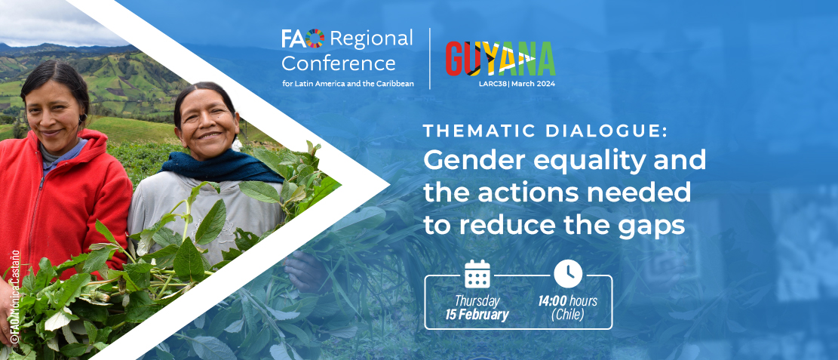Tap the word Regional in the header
click(371, 39)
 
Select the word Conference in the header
click(339, 63)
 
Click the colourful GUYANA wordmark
click(500, 58)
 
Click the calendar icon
click(477, 273)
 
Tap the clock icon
click(567, 273)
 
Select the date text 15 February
click(477, 315)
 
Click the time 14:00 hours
click(567, 301)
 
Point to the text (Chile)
click(567, 315)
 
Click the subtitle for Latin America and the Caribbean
click(348, 84)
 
